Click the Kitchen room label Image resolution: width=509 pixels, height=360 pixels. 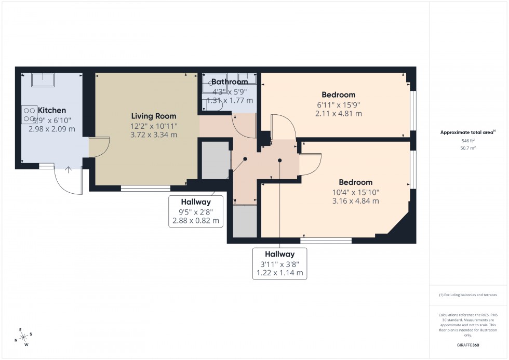pos(51,110)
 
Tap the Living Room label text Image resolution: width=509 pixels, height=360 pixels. pos(153,116)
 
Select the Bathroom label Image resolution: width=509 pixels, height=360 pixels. pos(229,82)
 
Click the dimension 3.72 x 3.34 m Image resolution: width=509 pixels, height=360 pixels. pos(154,135)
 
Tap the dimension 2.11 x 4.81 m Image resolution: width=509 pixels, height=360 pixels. pos(338,113)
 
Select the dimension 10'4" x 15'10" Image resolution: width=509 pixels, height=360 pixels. pos(356,192)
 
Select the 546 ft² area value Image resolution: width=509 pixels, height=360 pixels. pos(468,141)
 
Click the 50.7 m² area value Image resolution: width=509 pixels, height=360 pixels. pos(468,148)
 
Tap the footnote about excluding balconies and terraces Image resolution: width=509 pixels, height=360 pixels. pos(468,295)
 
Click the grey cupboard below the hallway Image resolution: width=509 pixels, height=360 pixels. pos(245,222)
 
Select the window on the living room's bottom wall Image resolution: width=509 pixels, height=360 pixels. pos(145,188)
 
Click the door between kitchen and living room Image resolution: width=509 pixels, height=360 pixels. pos(99,147)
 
